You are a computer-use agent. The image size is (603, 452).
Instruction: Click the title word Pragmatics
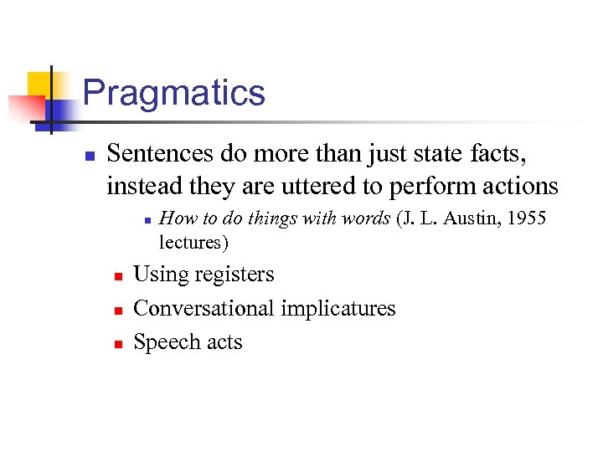tap(174, 93)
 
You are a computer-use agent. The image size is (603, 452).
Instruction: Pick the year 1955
tap(528, 218)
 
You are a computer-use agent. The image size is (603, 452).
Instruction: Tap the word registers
tap(233, 275)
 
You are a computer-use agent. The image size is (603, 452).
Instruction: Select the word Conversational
tap(204, 309)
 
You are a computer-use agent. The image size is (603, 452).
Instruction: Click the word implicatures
tap(338, 309)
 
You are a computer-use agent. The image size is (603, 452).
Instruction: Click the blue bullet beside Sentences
tap(88, 156)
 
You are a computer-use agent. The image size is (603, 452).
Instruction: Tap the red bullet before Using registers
tap(118, 276)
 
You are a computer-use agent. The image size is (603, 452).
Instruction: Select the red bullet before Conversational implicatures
tap(118, 310)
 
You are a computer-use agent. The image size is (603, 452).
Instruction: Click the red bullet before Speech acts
tap(118, 343)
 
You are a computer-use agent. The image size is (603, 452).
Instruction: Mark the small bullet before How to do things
tap(146, 220)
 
